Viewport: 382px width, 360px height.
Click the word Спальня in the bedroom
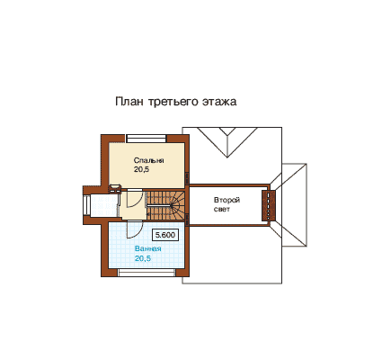tap(148, 160)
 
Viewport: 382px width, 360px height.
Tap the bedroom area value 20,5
tap(141, 169)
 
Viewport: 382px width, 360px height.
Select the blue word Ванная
tap(148, 248)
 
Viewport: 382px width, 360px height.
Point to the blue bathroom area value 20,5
tap(143, 258)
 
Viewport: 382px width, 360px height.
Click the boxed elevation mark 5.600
tap(165, 235)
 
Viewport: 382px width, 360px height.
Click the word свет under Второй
tap(222, 209)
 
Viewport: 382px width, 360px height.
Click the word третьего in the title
tap(173, 102)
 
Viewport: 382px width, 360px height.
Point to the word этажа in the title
tap(219, 102)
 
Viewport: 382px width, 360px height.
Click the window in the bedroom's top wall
tap(147, 139)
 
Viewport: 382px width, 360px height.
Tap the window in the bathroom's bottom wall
tap(147, 273)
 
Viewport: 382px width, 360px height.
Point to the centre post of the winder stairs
tap(172, 206)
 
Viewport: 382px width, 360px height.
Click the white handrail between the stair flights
tap(159, 206)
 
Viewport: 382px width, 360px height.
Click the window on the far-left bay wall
tap(86, 205)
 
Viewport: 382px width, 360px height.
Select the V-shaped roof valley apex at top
tap(227, 157)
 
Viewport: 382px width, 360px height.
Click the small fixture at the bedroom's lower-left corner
tap(114, 188)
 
